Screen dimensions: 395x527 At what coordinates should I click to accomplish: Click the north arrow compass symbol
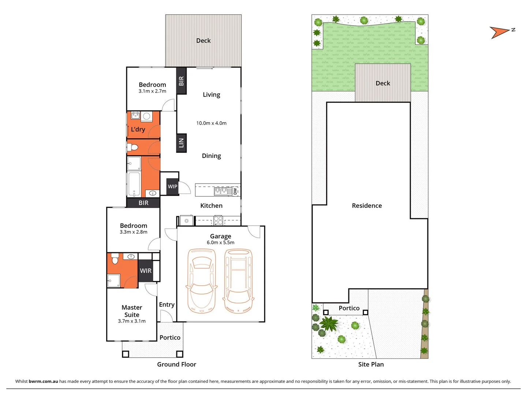(x=500, y=32)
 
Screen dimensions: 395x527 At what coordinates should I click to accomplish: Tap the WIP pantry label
(x=172, y=187)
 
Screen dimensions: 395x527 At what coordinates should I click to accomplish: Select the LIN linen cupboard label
(x=181, y=143)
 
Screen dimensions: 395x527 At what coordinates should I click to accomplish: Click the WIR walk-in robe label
(x=146, y=271)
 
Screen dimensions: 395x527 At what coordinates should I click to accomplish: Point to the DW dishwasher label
(x=235, y=191)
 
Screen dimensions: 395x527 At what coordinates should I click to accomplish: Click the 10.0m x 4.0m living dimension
(x=211, y=123)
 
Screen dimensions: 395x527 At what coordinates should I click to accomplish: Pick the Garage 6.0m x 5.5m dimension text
(x=220, y=242)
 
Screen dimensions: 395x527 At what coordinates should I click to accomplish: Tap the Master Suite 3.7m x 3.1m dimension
(x=132, y=321)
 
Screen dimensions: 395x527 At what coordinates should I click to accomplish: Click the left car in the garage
(x=201, y=281)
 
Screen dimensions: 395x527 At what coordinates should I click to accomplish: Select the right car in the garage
(x=238, y=281)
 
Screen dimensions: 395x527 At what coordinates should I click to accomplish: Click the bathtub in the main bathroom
(x=134, y=184)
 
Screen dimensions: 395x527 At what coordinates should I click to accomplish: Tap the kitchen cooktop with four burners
(x=218, y=221)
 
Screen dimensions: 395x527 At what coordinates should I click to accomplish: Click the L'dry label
(x=138, y=129)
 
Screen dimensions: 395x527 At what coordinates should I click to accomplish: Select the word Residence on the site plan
(x=367, y=206)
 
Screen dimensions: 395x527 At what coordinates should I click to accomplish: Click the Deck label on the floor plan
(x=203, y=41)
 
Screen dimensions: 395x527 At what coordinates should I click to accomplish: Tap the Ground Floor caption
(x=176, y=364)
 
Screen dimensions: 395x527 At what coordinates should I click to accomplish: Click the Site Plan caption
(x=371, y=364)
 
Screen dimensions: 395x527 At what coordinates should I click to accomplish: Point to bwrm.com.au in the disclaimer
(x=43, y=381)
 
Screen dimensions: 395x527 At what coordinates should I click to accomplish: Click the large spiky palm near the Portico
(x=330, y=323)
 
